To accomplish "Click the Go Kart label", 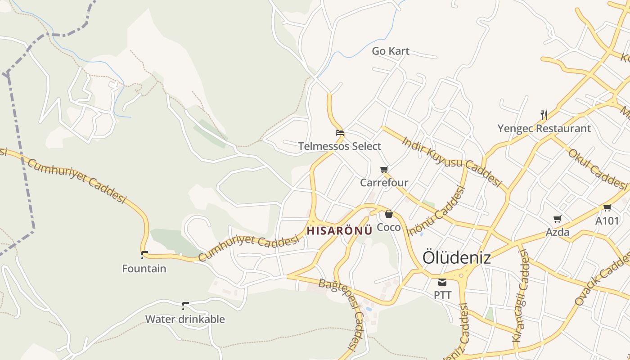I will coord(391,51).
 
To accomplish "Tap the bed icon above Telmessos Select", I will coord(340,133).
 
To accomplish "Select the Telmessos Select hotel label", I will coord(340,146).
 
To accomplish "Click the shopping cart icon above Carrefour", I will coord(384,170).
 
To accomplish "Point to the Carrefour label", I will coord(384,183).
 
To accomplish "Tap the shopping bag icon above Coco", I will coord(388,214).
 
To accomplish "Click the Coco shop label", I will coord(388,227).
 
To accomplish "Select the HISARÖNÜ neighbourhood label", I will coord(339,231).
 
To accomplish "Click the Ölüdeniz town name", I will coord(456,258).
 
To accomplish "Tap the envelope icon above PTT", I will coord(442,282).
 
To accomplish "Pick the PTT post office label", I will coord(442,295).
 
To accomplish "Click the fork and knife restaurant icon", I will coord(544,115).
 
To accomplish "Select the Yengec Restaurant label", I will coord(544,129).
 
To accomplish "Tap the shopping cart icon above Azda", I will coord(558,219).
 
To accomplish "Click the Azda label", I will coord(558,232).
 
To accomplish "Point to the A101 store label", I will coord(607,221).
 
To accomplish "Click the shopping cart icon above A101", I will coord(607,208).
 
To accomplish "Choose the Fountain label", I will coord(144,269).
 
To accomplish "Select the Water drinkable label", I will coord(184,319).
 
